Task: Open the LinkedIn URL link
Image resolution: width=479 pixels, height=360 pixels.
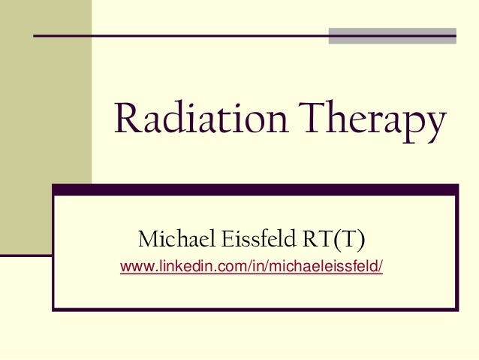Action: pos(252,268)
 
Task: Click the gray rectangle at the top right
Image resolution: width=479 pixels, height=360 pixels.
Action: pos(393,35)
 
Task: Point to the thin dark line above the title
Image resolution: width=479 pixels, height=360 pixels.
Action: pos(180,35)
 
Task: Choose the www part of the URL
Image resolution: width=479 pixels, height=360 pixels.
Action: pos(134,268)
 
